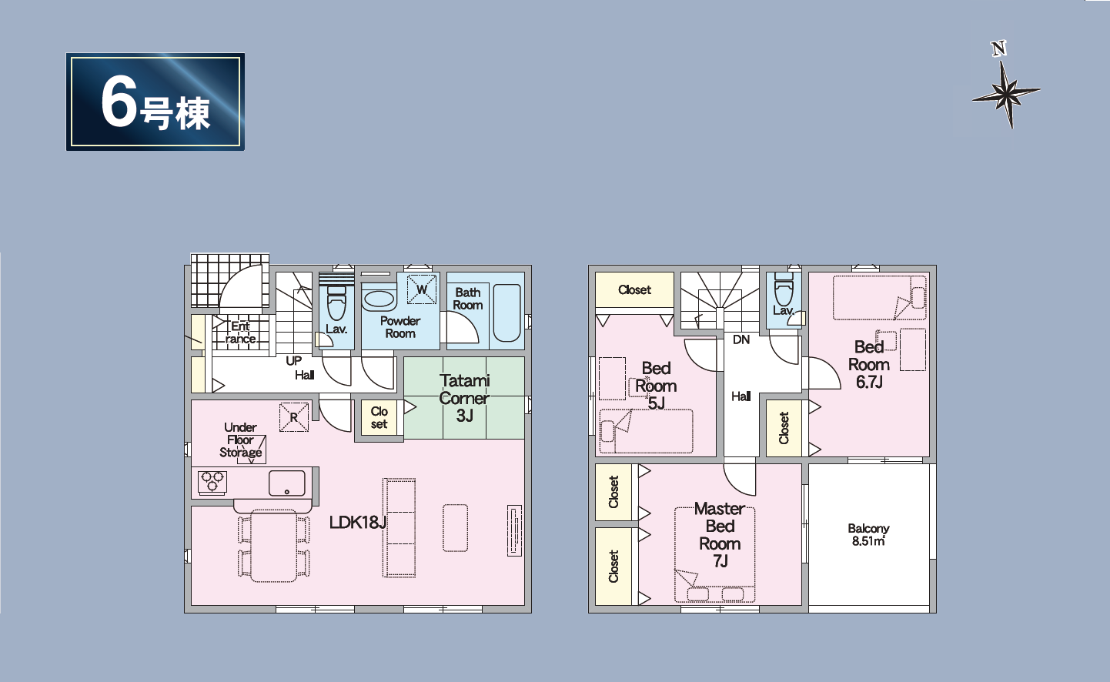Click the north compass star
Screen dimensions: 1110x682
coord(1006,92)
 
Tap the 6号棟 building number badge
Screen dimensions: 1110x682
coord(155,102)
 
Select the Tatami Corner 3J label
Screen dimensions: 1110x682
coord(464,398)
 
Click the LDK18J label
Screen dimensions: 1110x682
coord(358,522)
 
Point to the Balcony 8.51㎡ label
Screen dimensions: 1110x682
coord(868,535)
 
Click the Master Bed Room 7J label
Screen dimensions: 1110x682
coord(720,535)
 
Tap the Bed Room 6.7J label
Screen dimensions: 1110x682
coord(869,364)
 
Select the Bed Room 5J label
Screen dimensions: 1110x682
coord(656,386)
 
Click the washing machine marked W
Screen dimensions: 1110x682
coord(422,289)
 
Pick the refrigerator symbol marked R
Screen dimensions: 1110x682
coord(294,417)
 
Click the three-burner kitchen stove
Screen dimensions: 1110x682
coord(212,482)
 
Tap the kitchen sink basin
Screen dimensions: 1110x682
coord(287,483)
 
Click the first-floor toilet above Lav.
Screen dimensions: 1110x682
coord(336,303)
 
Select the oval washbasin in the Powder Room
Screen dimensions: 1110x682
coord(379,299)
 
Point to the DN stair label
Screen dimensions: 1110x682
coord(741,339)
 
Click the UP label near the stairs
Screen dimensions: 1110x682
coord(293,361)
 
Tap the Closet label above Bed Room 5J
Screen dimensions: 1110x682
coord(634,290)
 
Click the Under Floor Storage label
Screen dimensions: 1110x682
coord(241,440)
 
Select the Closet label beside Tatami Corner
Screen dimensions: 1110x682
coord(379,417)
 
